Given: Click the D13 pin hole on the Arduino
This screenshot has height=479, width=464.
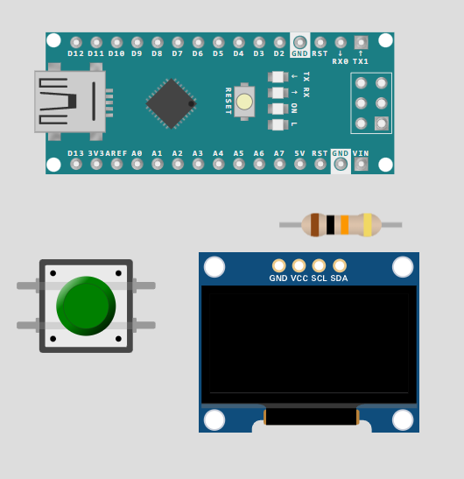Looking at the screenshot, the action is point(76,165).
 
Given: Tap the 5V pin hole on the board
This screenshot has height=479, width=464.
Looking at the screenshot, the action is point(300,165).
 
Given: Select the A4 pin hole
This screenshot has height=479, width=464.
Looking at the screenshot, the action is point(218,165).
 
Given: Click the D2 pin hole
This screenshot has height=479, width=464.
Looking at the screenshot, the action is point(279,42).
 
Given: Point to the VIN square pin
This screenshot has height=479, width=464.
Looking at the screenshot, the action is point(361,165).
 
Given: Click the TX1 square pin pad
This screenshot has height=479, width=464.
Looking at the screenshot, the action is point(361,42).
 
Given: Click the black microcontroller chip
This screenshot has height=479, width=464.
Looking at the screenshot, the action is point(171,103).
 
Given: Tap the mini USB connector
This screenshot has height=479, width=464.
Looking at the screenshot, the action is point(74,102).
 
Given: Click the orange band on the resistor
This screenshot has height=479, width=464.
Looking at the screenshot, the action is point(345,225).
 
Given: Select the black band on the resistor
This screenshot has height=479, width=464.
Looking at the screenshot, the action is point(330,225).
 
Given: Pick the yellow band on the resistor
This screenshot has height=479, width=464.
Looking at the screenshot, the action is point(368,225).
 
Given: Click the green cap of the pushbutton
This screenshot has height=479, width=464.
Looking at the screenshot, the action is point(86,306).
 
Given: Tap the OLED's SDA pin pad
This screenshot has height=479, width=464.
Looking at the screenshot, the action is point(340,266).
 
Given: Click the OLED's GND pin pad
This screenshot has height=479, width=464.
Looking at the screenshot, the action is point(279,266).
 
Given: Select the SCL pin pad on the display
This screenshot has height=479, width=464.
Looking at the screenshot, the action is point(319,266).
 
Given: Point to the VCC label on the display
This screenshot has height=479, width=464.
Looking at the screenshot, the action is point(299,278).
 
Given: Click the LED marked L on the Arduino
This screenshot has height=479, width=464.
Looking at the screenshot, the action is point(278,124).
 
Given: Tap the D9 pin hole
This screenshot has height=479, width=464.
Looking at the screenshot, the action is point(137,42).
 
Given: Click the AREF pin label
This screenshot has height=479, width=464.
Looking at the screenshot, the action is point(116,153).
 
